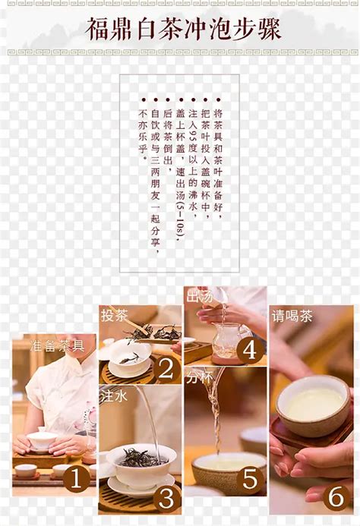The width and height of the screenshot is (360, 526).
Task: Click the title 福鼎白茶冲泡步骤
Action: coord(183,30)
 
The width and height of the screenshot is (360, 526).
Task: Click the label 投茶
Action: coord(115,314)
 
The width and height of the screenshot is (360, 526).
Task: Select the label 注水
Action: coord(112,396)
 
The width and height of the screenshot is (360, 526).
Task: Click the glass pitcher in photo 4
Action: coord(226,342)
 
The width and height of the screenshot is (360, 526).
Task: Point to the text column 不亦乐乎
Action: coord(143,129)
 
